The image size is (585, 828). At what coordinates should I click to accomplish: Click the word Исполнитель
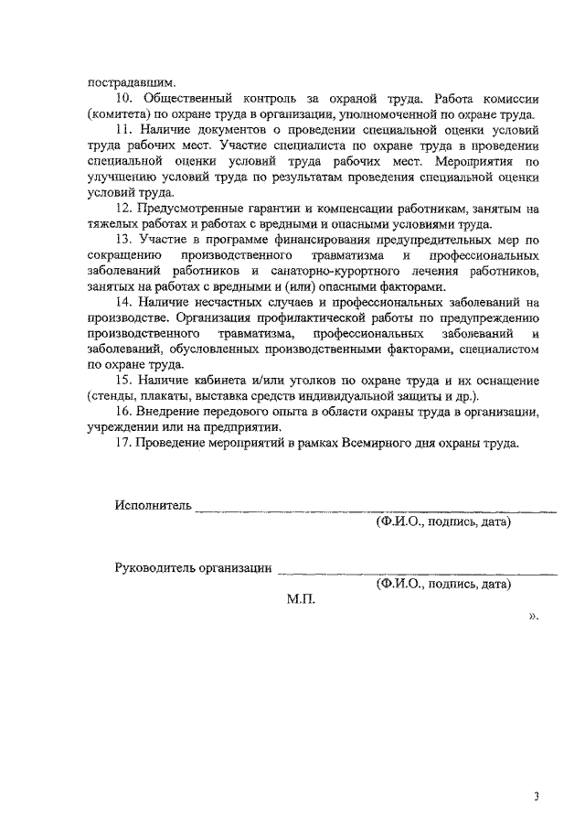(x=153, y=506)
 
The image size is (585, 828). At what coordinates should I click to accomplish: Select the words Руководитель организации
(x=194, y=568)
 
